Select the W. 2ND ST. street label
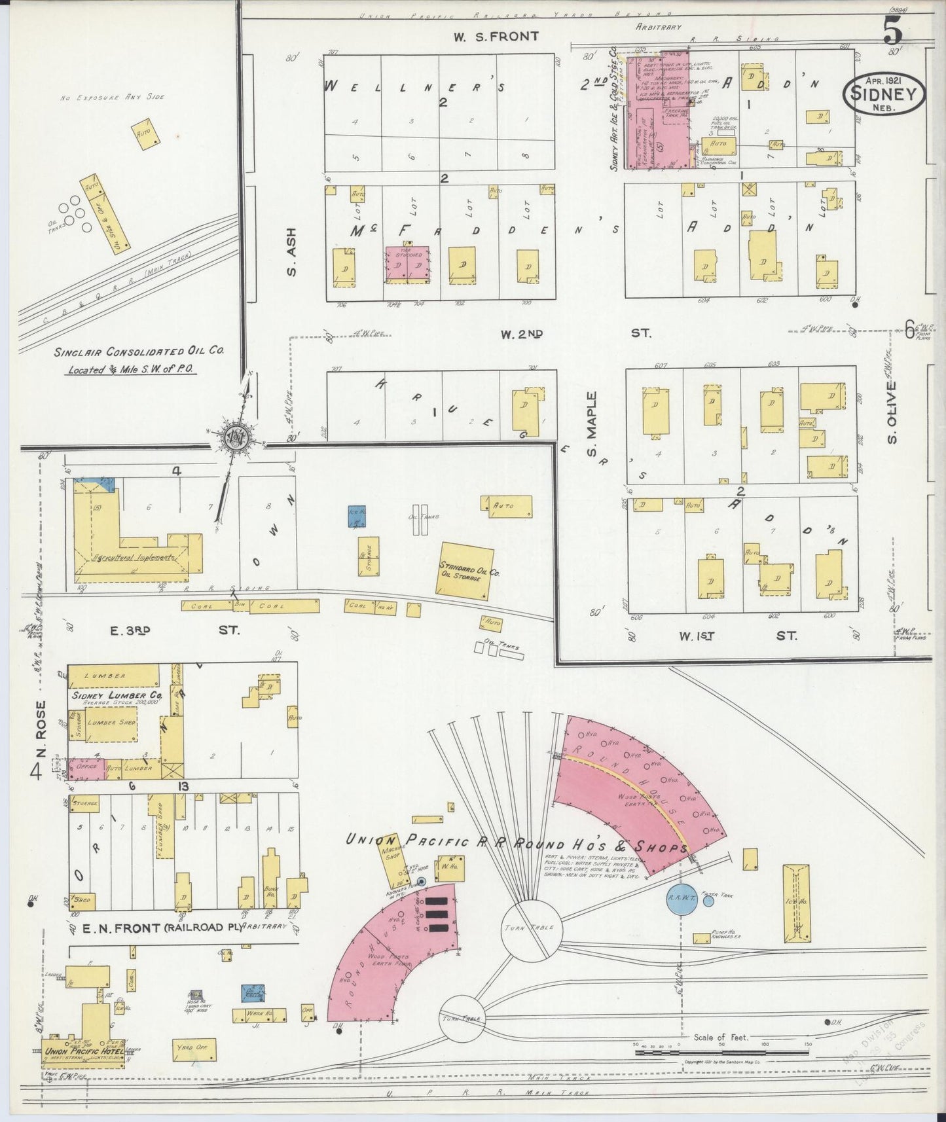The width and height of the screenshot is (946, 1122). [x=575, y=334]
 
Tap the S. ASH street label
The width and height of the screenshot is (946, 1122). [x=291, y=251]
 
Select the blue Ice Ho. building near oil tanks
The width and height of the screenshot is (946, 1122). [x=356, y=516]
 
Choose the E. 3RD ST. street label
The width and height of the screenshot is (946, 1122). [x=174, y=630]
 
